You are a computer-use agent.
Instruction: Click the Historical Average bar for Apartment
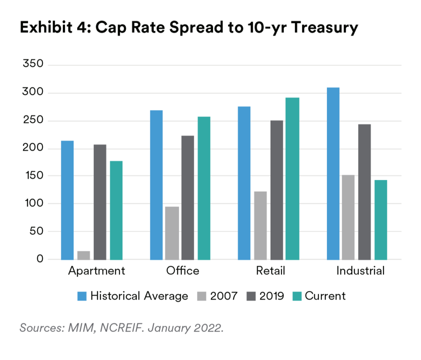click(67, 200)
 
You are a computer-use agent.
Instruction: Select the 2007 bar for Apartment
click(83, 255)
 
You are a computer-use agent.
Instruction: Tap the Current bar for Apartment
click(116, 210)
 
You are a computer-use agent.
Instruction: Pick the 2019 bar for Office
click(188, 197)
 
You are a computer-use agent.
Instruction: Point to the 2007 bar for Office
click(172, 233)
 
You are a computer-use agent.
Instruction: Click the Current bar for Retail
click(292, 178)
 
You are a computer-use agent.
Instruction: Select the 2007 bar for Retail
click(260, 225)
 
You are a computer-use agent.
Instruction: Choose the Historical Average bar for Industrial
click(333, 173)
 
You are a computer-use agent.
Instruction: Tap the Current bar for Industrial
click(381, 220)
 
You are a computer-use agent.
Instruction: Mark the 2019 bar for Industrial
click(365, 192)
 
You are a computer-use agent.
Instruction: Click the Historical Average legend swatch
click(82, 296)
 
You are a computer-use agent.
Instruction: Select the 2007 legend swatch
click(202, 296)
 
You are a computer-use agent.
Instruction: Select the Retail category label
click(270, 271)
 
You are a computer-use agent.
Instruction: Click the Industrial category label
click(361, 271)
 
